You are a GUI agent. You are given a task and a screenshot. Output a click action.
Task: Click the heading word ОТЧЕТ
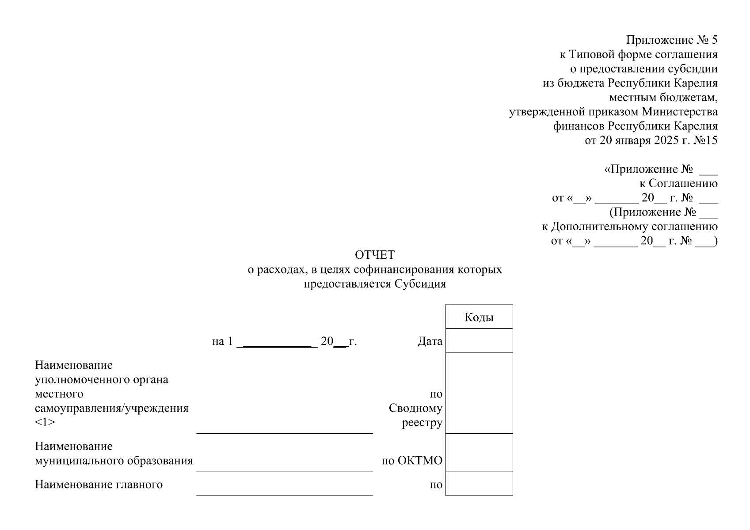click(374, 255)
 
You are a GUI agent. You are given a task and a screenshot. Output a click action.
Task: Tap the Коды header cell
click(479, 317)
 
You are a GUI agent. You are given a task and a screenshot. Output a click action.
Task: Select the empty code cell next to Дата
click(479, 341)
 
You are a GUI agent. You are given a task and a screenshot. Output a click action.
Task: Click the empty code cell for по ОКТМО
click(479, 453)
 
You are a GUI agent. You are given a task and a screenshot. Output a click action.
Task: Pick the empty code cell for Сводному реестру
click(479, 393)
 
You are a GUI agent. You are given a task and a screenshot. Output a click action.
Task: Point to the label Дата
click(430, 341)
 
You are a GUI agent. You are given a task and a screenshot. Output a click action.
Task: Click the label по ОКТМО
click(412, 461)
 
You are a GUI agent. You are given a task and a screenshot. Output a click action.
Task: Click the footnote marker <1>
click(45, 422)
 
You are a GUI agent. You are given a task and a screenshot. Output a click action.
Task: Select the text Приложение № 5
click(671, 40)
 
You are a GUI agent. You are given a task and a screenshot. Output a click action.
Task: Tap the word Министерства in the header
click(679, 112)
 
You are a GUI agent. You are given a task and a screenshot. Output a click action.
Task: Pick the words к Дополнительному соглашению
click(629, 227)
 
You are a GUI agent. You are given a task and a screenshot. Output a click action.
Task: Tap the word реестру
click(422, 423)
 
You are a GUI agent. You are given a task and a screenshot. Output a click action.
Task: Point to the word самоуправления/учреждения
click(112, 408)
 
